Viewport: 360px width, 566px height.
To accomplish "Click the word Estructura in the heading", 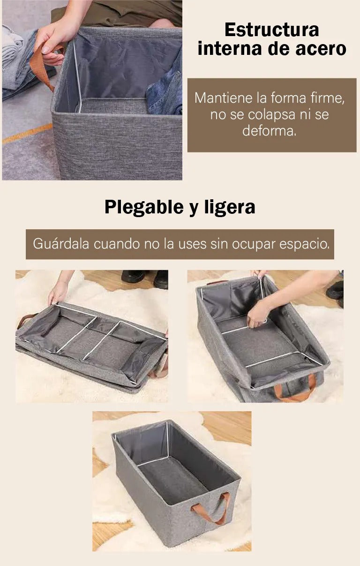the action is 272,30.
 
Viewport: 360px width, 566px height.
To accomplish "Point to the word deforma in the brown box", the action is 270,131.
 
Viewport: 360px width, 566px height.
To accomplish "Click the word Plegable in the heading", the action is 144,208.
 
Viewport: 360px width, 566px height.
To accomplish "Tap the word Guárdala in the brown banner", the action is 61,244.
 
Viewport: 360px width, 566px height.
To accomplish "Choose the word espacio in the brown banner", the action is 305,244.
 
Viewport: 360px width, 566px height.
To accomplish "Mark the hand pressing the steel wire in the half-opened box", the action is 257,314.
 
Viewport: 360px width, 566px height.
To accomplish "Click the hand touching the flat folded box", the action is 58,292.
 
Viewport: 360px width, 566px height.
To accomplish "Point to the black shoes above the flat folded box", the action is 144,279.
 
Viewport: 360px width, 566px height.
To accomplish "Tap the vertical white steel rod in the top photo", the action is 77,76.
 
